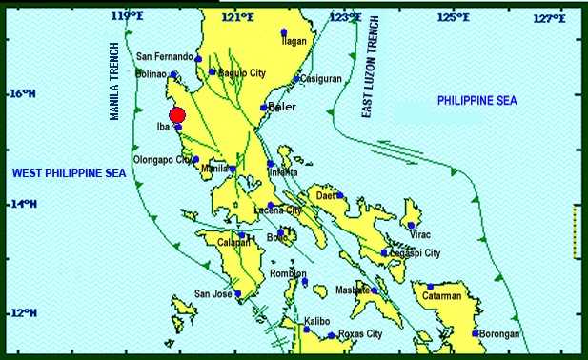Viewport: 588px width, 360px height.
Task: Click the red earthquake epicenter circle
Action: coord(176,115)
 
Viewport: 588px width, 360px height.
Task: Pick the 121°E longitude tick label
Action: coord(237,16)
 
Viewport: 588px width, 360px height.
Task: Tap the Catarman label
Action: coord(442,296)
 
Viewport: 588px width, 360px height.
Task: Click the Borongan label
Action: coord(500,334)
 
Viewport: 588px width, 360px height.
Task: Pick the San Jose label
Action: coord(213,293)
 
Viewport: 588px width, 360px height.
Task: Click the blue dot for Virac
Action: coord(411,225)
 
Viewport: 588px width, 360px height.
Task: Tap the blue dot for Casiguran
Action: coord(297,79)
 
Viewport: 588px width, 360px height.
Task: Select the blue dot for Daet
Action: coord(339,195)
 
